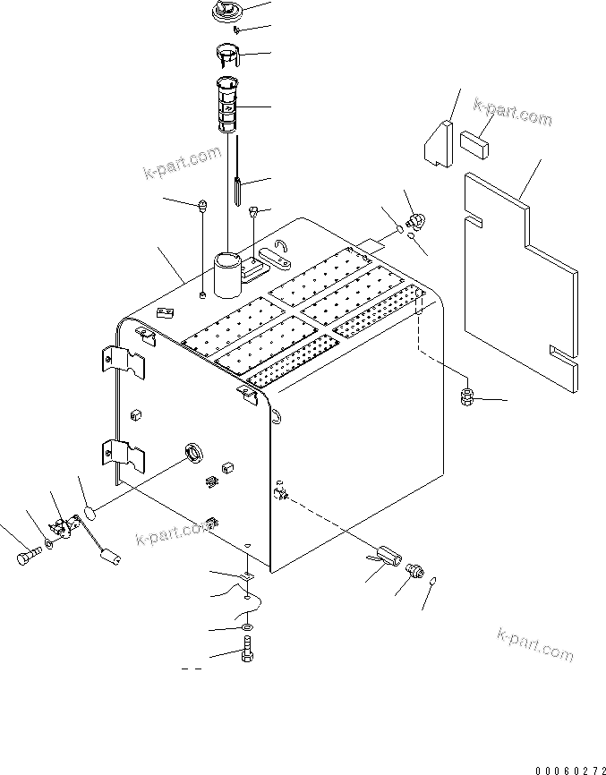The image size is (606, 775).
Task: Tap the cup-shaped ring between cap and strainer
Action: [230, 54]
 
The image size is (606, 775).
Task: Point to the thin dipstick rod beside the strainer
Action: [236, 183]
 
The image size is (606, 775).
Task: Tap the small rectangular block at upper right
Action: [476, 141]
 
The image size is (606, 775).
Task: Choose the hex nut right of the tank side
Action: [467, 397]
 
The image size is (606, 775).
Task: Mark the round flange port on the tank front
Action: [192, 454]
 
